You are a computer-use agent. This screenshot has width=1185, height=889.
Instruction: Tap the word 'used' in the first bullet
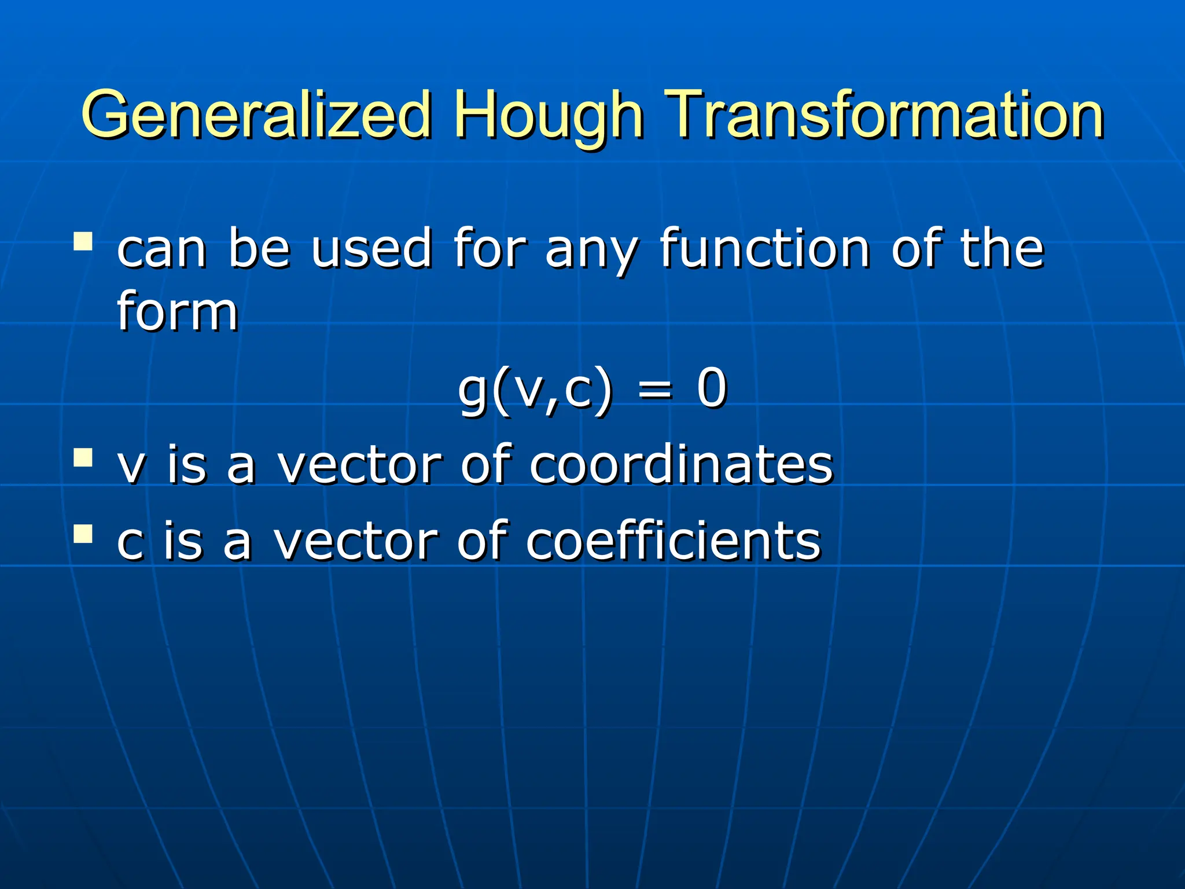click(371, 249)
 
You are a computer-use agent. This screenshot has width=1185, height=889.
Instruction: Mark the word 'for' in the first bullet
click(490, 249)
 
